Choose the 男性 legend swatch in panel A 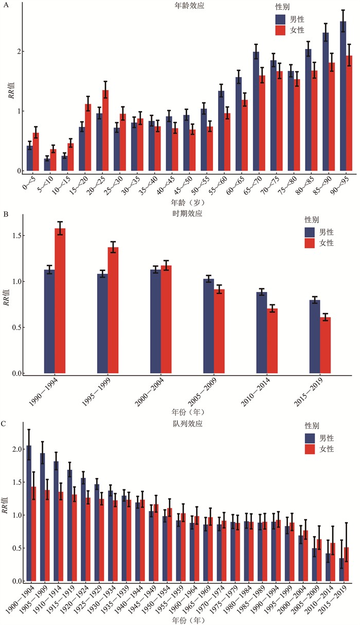click(x=280, y=20)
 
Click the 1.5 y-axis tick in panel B click(x=15, y=236)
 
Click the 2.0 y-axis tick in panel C click(x=15, y=449)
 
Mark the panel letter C click(x=4, y=424)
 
